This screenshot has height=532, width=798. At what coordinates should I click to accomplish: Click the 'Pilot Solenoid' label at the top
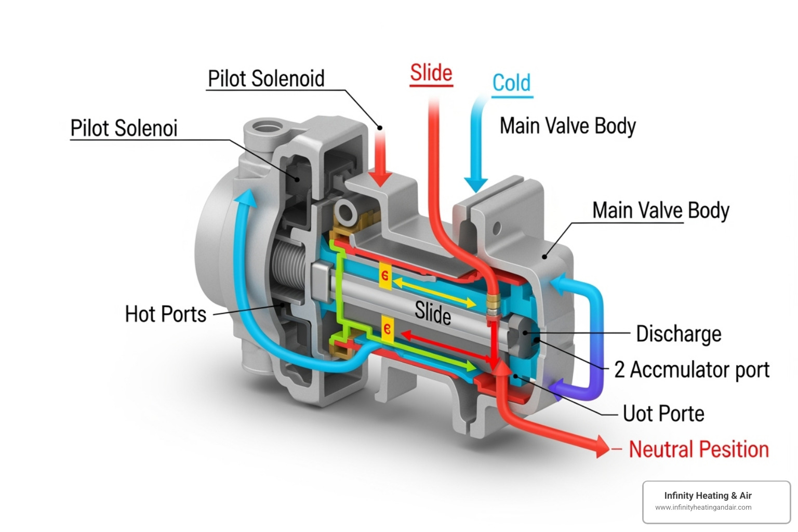pos(266,79)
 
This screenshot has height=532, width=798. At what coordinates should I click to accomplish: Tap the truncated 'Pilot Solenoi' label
pos(124,128)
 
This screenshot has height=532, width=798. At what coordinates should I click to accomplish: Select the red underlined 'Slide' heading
pos(431,73)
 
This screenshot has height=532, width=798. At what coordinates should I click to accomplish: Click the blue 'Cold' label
pos(512,83)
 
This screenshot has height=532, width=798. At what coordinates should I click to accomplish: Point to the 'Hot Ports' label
pos(166,314)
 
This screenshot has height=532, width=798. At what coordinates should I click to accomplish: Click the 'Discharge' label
pos(679,334)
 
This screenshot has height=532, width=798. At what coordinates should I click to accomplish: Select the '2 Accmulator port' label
pos(691,370)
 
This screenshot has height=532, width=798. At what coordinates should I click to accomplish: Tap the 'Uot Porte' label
pos(663,414)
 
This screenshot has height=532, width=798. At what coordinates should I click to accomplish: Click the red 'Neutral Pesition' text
pos(699,449)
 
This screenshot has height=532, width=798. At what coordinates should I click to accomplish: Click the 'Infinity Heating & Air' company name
pos(708,496)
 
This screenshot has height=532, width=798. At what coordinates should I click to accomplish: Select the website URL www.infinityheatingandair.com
pos(703,508)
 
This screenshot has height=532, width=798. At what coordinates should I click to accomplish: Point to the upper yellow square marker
pos(385,275)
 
